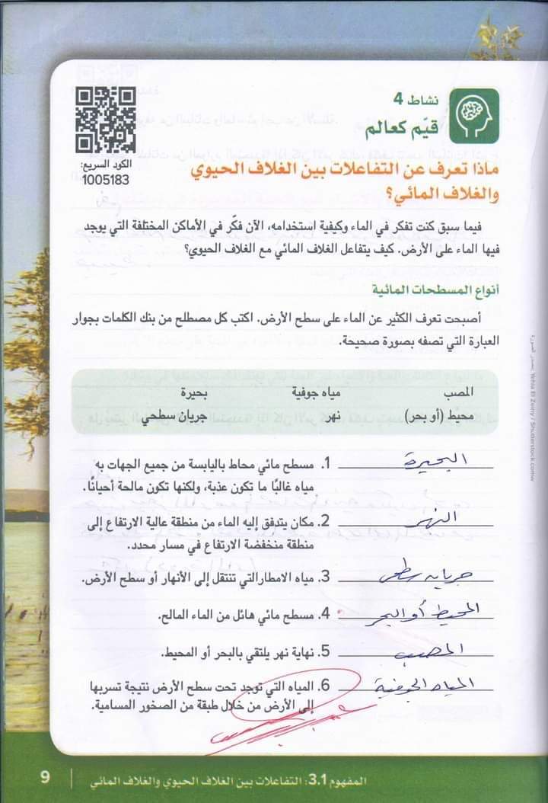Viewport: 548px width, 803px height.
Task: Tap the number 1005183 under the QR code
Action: (x=106, y=180)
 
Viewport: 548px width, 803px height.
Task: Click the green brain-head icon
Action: (x=473, y=115)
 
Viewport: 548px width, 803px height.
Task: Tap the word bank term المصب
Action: (x=457, y=393)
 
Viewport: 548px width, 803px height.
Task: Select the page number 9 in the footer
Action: (x=45, y=778)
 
